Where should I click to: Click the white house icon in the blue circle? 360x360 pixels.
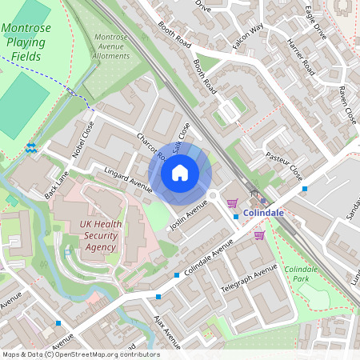[x=180, y=172]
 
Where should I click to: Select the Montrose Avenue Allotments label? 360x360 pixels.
[x=111, y=46]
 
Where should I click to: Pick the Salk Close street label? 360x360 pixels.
[x=182, y=136]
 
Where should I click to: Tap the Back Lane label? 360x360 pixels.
[x=58, y=186]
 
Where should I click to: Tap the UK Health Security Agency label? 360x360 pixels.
[x=100, y=236]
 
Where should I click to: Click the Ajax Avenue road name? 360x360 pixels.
[x=166, y=335]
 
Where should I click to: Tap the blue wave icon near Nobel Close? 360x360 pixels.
[x=30, y=147]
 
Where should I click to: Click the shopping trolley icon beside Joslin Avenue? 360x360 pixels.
[x=232, y=202]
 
